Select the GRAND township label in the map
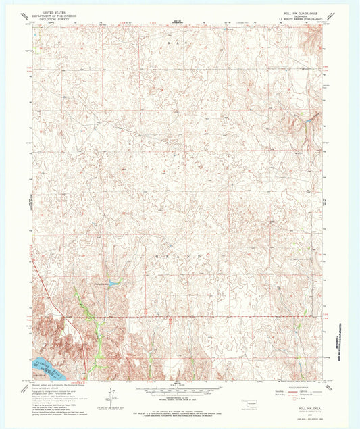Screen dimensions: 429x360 click(180, 257)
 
